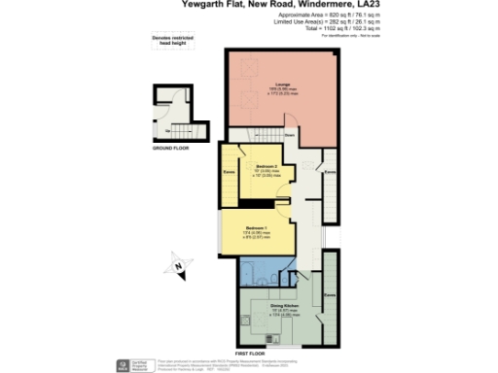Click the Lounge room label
point(281,85)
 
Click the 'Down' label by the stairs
point(289,135)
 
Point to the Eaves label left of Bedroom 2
point(228,175)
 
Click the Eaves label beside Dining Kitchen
point(329,292)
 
